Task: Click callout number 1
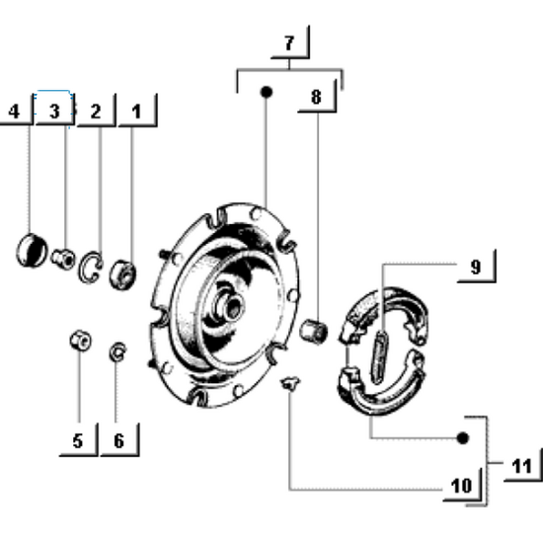(136, 112)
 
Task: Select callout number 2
(96, 112)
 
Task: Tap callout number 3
(55, 112)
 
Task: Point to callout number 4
(15, 112)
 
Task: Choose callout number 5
(77, 440)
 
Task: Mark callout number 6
(118, 440)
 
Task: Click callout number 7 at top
(288, 43)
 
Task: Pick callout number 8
(316, 97)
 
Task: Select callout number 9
(475, 267)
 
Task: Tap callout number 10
(460, 486)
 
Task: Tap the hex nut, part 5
(78, 342)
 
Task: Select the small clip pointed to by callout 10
(289, 383)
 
